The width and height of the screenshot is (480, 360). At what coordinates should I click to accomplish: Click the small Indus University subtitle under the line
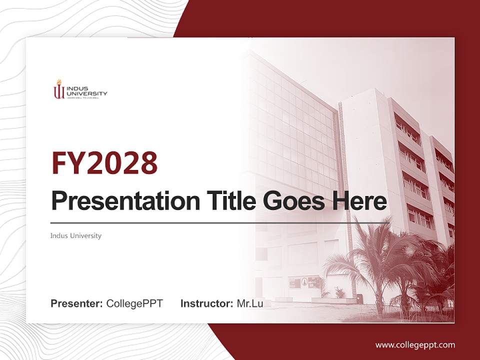coord(75,235)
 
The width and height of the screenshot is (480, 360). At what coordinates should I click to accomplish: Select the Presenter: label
coord(77,303)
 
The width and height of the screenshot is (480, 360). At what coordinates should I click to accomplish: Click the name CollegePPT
coord(134,303)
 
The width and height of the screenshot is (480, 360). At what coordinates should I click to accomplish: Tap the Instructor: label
coord(206,303)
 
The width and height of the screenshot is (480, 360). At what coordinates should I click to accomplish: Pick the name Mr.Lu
coord(250,303)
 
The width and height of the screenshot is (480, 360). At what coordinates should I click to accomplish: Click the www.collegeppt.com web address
coord(415,344)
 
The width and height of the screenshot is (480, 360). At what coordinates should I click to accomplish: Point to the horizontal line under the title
coord(220,222)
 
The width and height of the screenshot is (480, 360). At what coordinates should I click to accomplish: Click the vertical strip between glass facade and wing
coord(342,150)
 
